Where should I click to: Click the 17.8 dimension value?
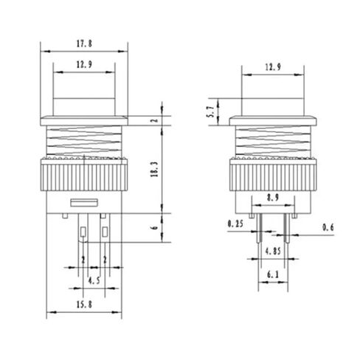(83, 43)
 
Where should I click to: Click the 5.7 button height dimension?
(211, 111)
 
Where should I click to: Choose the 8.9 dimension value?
(271, 198)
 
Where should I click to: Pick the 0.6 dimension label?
(328, 227)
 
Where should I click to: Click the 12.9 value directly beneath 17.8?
(83, 65)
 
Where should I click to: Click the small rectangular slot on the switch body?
(83, 201)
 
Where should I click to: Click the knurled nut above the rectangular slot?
(83, 176)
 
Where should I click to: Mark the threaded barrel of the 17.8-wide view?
(83, 141)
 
